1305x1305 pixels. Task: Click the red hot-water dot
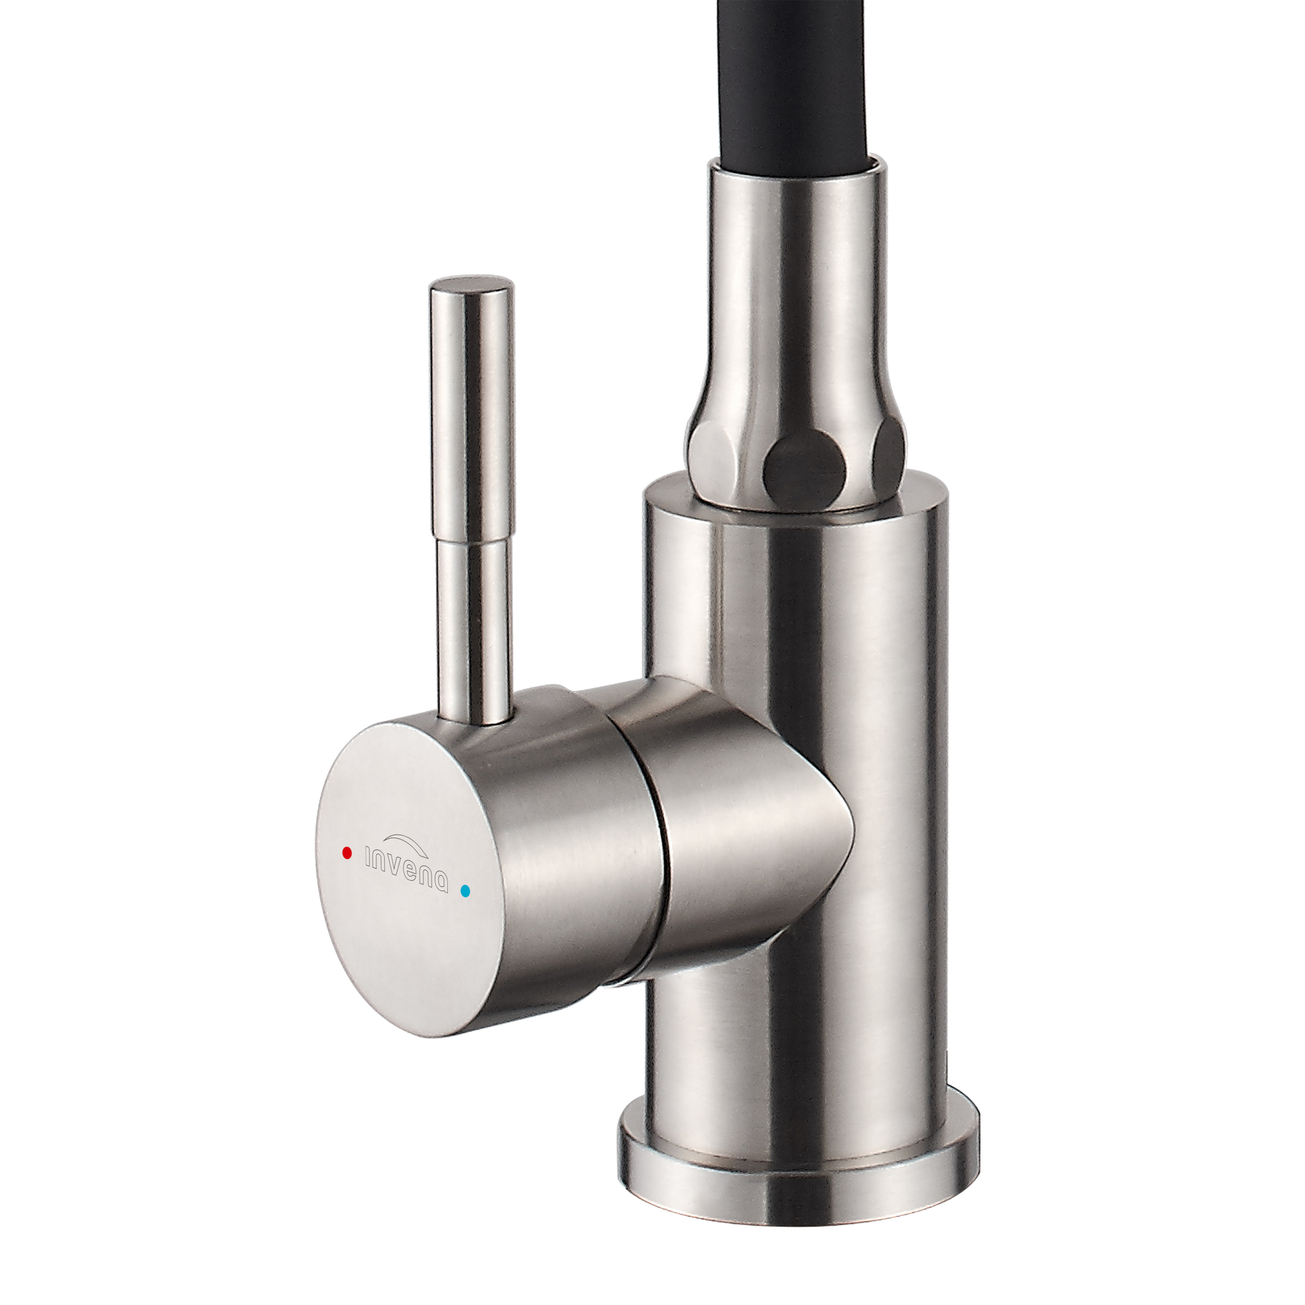tap(347, 852)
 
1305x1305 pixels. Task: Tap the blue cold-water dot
tap(464, 891)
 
